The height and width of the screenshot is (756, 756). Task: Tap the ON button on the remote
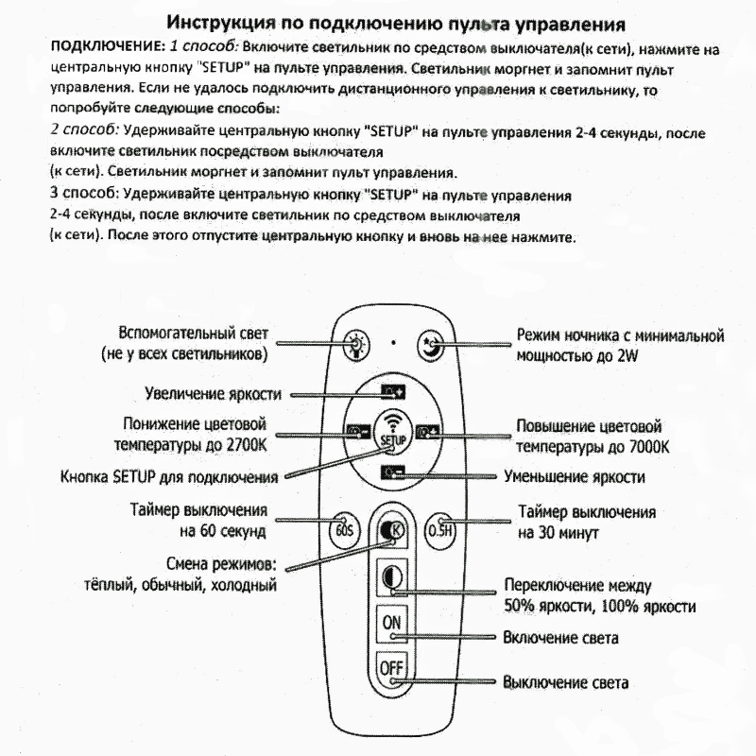[391, 622]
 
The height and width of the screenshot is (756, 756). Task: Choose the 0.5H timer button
[439, 530]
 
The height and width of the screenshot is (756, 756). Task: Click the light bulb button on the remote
[354, 341]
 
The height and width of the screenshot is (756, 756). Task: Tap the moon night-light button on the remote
[429, 341]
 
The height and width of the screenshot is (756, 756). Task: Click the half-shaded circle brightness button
[391, 576]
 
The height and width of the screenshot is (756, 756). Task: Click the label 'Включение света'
[561, 638]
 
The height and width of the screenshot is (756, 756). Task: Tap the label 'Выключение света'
[566, 682]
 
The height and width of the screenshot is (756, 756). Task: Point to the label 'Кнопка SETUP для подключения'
[168, 476]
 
